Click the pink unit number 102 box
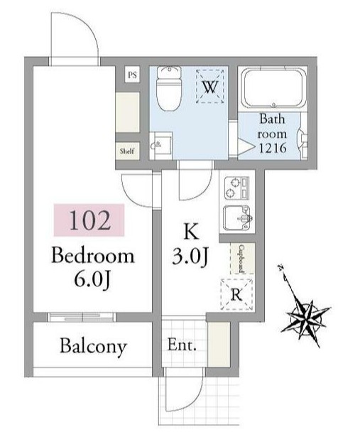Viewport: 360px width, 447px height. [x=89, y=220]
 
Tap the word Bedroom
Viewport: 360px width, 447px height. [x=92, y=255]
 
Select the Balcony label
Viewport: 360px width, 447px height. [x=93, y=346]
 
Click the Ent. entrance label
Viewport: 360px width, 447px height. [x=182, y=345]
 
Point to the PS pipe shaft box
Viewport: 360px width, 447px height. [x=133, y=75]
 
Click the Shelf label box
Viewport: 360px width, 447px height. [x=127, y=151]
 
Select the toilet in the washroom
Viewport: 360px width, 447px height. [x=169, y=88]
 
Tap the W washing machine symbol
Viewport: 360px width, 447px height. [x=210, y=87]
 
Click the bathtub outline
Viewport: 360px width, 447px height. [x=273, y=88]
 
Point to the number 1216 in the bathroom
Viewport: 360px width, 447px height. [x=273, y=149]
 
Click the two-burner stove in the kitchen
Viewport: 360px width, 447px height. [x=236, y=188]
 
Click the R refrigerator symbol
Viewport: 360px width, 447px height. [x=236, y=294]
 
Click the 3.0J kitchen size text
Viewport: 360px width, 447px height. [x=190, y=256]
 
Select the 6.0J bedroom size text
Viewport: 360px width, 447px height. [x=92, y=279]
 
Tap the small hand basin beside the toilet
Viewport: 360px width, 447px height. [x=161, y=145]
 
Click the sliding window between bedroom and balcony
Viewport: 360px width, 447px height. [x=82, y=317]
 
